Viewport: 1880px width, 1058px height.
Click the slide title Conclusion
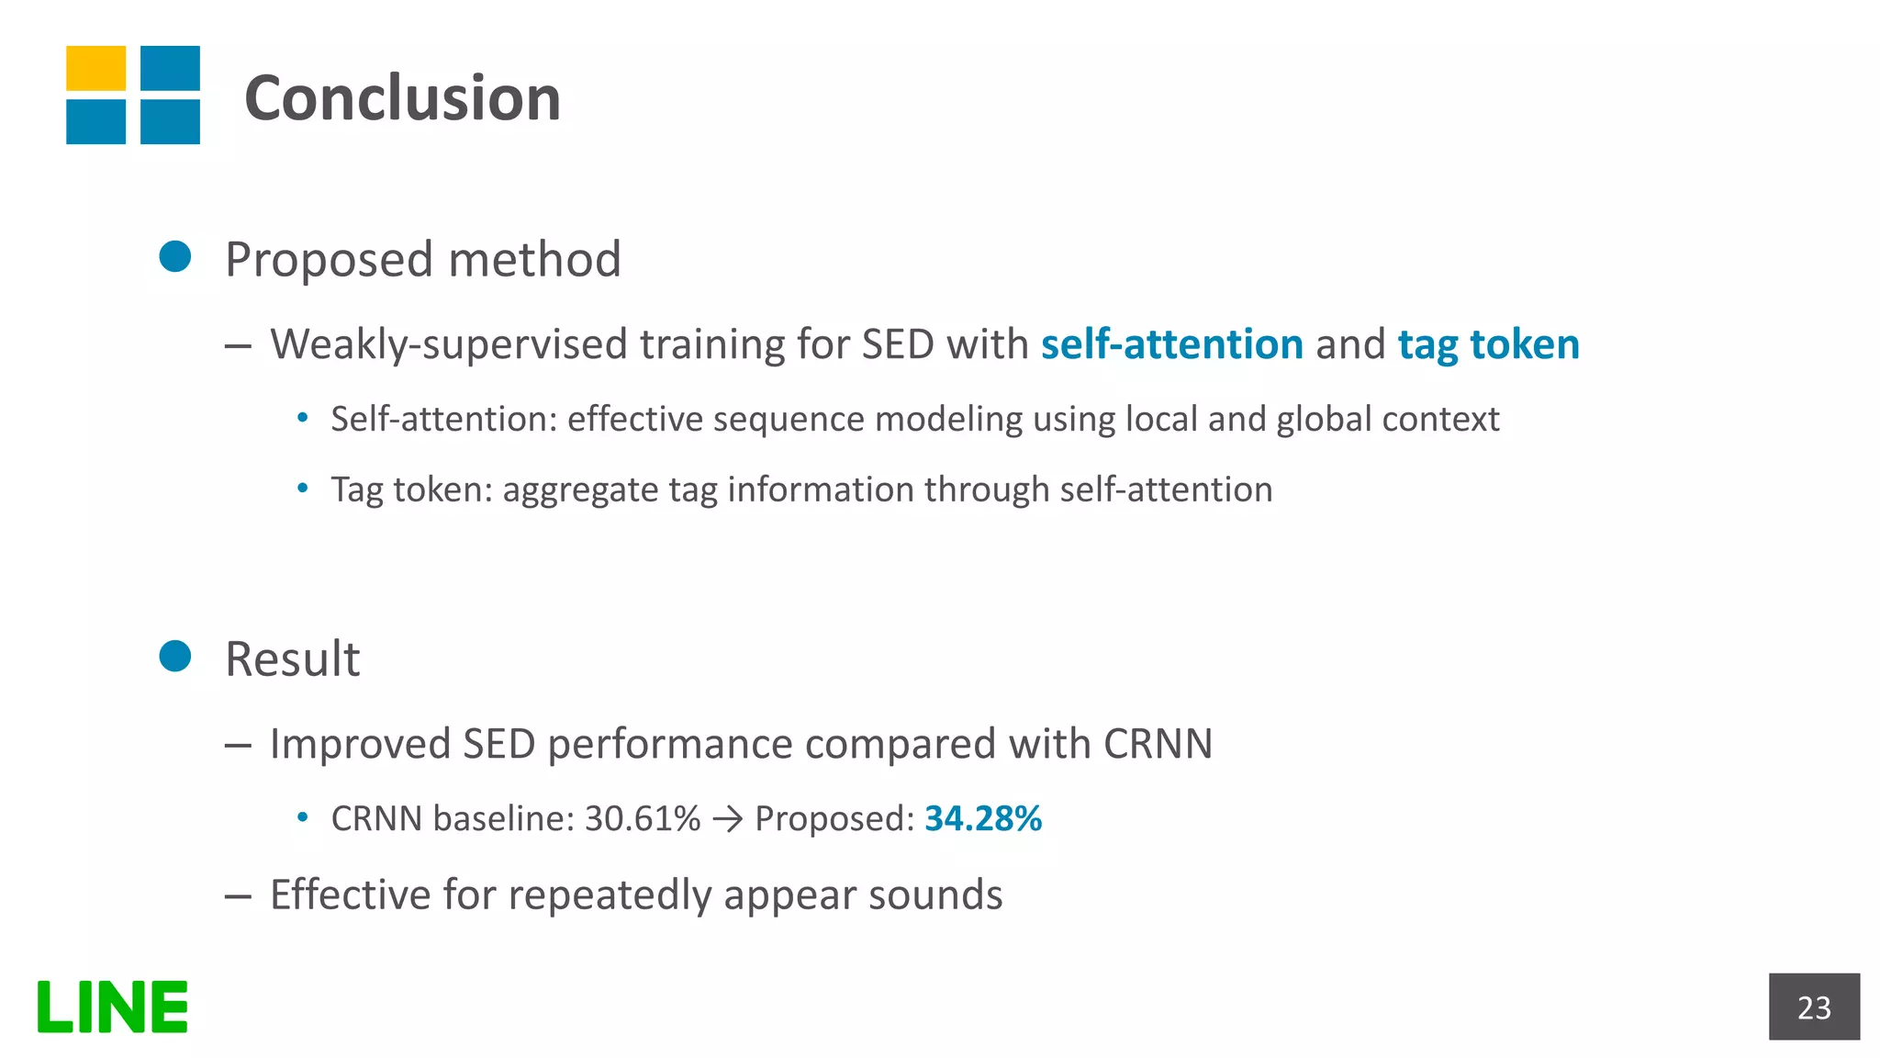pyautogui.click(x=402, y=98)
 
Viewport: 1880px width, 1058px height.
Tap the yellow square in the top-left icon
pyautogui.click(x=95, y=68)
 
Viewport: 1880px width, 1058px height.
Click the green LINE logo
pyautogui.click(x=112, y=1007)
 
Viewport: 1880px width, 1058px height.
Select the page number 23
pyautogui.click(x=1813, y=1007)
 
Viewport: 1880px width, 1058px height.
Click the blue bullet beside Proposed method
pyautogui.click(x=174, y=257)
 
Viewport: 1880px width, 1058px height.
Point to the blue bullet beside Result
pyautogui.click(x=174, y=657)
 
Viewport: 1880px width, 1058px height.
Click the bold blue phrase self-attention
pyautogui.click(x=1171, y=344)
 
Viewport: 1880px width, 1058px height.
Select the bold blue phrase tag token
pyautogui.click(x=1488, y=344)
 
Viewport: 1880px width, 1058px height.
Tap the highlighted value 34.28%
pyautogui.click(x=982, y=818)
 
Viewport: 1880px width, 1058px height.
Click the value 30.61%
pyautogui.click(x=642, y=818)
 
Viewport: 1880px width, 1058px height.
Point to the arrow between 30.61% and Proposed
pyautogui.click(x=727, y=818)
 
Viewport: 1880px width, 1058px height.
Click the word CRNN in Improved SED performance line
pyautogui.click(x=1158, y=744)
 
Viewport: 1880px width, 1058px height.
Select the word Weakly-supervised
pyautogui.click(x=449, y=345)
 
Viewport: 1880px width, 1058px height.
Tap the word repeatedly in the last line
pyautogui.click(x=609, y=895)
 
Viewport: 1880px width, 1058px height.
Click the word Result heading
pyautogui.click(x=292, y=659)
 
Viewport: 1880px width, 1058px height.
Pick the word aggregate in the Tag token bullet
pyautogui.click(x=580, y=490)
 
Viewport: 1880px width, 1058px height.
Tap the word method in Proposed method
pyautogui.click(x=534, y=259)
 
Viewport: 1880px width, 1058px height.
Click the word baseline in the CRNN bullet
pyautogui.click(x=503, y=818)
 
